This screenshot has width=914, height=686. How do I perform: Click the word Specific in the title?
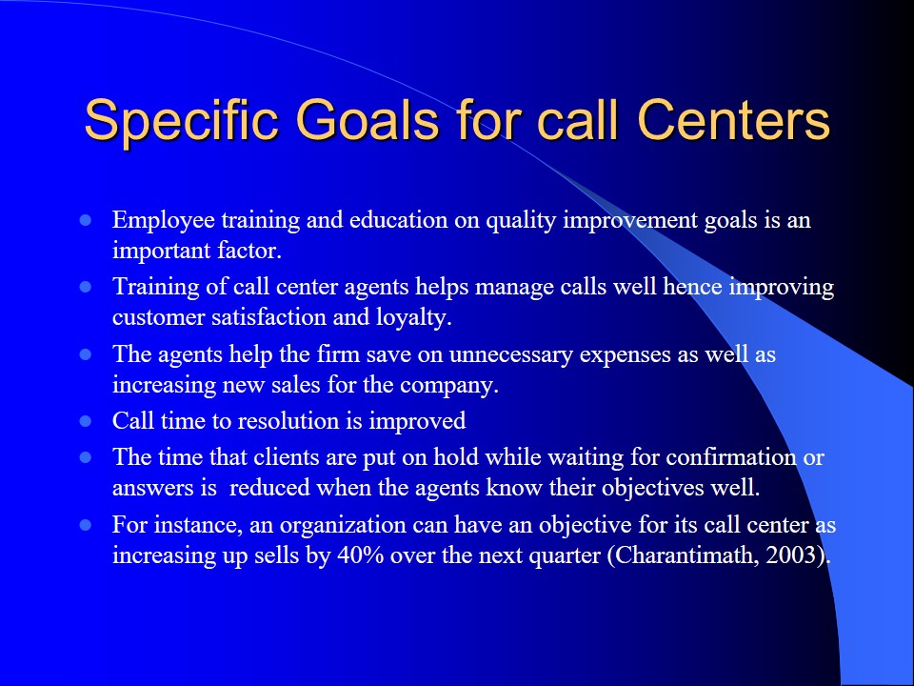(181, 121)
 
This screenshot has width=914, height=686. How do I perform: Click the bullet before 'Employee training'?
(86, 220)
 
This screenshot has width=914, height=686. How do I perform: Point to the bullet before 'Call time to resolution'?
(86, 421)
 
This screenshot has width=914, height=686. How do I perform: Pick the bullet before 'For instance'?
(86, 525)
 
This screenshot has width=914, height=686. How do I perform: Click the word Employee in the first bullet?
(164, 221)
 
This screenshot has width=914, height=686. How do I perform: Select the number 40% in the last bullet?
(360, 555)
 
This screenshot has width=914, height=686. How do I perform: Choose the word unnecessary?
(511, 355)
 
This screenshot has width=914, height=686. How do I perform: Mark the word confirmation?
(731, 457)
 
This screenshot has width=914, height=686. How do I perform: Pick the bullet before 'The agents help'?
(86, 354)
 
